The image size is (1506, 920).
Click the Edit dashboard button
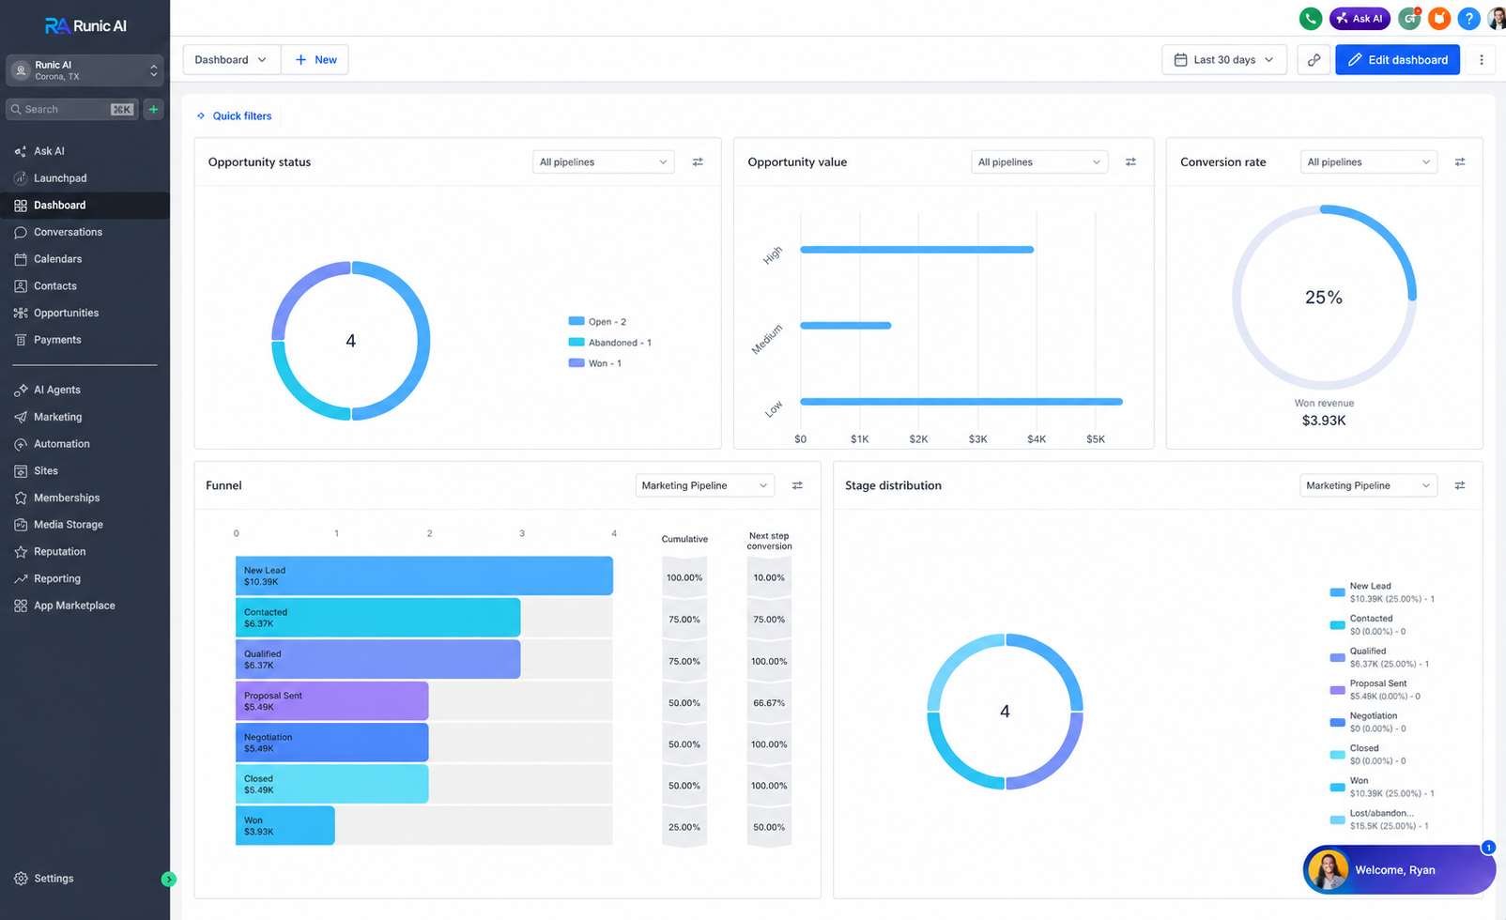click(1397, 60)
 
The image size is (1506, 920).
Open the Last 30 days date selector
click(1223, 60)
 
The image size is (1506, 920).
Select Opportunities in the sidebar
click(66, 313)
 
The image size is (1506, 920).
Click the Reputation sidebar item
click(59, 551)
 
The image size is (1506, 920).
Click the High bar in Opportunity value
click(917, 250)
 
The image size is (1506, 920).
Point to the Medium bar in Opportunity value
click(846, 325)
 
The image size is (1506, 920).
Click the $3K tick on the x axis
click(977, 438)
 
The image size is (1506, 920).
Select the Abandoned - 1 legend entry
click(609, 342)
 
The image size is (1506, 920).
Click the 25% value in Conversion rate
click(1324, 297)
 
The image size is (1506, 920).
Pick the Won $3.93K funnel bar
click(285, 825)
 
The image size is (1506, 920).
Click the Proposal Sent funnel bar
click(332, 701)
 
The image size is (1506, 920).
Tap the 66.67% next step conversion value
click(768, 703)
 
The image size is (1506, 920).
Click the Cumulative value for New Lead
click(684, 577)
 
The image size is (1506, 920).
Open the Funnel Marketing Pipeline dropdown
click(704, 485)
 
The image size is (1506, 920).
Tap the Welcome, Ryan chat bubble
click(1399, 869)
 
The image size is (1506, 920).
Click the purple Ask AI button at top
click(1360, 18)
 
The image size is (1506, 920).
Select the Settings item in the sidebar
click(54, 879)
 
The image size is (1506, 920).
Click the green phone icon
click(1311, 18)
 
